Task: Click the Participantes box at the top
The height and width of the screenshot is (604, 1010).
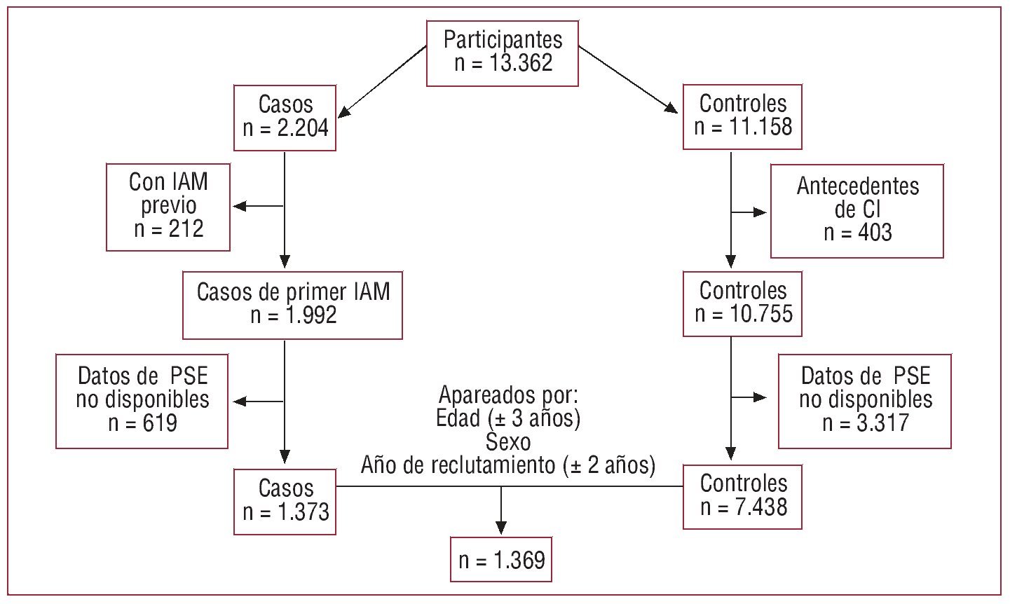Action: click(x=503, y=52)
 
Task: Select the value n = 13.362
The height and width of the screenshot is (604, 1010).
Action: click(x=503, y=63)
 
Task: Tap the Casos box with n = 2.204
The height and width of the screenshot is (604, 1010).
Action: click(x=285, y=117)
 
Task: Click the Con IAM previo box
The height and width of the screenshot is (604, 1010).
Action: click(x=168, y=207)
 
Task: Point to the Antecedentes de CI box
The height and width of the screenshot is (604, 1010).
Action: click(x=857, y=210)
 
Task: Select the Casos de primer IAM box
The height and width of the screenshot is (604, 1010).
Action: click(x=292, y=303)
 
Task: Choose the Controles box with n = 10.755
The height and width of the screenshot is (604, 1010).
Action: click(x=742, y=303)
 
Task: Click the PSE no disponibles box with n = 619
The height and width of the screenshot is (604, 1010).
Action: click(x=142, y=400)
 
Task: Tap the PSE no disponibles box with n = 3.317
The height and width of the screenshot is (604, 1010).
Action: click(x=865, y=400)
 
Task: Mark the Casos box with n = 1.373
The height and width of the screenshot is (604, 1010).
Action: click(x=285, y=500)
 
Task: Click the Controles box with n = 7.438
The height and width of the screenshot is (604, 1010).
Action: click(x=742, y=495)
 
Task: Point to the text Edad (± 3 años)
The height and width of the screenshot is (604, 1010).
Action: click(x=508, y=419)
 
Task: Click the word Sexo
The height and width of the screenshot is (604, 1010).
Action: click(x=508, y=442)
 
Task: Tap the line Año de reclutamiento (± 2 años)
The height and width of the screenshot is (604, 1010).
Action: click(x=508, y=465)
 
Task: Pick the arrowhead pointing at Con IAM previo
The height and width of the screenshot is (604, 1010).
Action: click(x=240, y=206)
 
